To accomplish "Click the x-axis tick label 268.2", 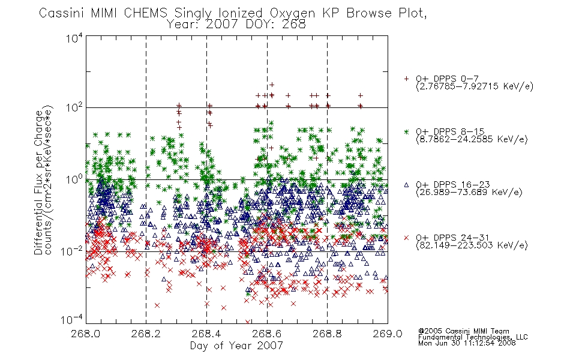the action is click(146, 334).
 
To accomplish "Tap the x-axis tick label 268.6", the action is click(266, 334).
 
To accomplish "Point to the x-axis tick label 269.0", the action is click(388, 334).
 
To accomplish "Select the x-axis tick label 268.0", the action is click(85, 334).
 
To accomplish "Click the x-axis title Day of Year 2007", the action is click(236, 346).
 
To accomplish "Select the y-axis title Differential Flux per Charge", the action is click(38, 182).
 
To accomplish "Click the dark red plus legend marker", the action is click(406, 79).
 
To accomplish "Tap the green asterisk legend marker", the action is click(406, 131).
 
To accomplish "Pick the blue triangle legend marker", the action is click(406, 185).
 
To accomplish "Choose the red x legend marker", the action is click(406, 238).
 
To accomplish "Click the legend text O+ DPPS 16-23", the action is click(453, 185).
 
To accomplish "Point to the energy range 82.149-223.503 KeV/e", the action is click(472, 245).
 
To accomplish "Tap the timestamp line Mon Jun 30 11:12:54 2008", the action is click(467, 343).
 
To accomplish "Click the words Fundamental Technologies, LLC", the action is click(473, 337).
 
